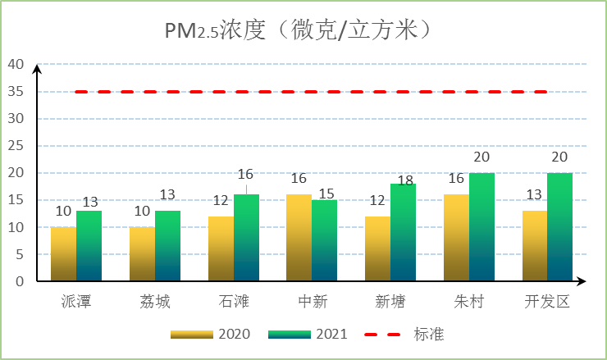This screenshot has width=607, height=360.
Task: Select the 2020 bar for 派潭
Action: pyautogui.click(x=64, y=254)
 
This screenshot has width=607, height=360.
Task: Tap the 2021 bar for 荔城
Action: pyautogui.click(x=167, y=246)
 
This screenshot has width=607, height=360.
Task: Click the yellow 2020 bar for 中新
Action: pyautogui.click(x=299, y=238)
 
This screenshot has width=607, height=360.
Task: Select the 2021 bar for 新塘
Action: pyautogui.click(x=403, y=232)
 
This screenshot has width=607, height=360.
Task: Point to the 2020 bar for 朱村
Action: pyautogui.click(x=456, y=238)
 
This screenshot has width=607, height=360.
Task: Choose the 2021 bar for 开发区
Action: pyautogui.click(x=559, y=227)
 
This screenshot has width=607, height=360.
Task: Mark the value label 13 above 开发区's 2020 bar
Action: pyautogui.click(x=534, y=195)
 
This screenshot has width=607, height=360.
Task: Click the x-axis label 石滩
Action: pyautogui.click(x=234, y=302)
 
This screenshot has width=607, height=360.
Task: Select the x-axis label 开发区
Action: pyautogui.click(x=547, y=302)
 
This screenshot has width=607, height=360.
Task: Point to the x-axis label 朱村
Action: pyautogui.click(x=469, y=302)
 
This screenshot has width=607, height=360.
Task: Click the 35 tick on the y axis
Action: pyautogui.click(x=16, y=92)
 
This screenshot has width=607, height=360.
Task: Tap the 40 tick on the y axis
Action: pyautogui.click(x=16, y=64)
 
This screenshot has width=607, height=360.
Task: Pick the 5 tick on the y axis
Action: pyautogui.click(x=20, y=254)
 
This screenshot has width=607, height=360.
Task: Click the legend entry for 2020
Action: pyautogui.click(x=211, y=335)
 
